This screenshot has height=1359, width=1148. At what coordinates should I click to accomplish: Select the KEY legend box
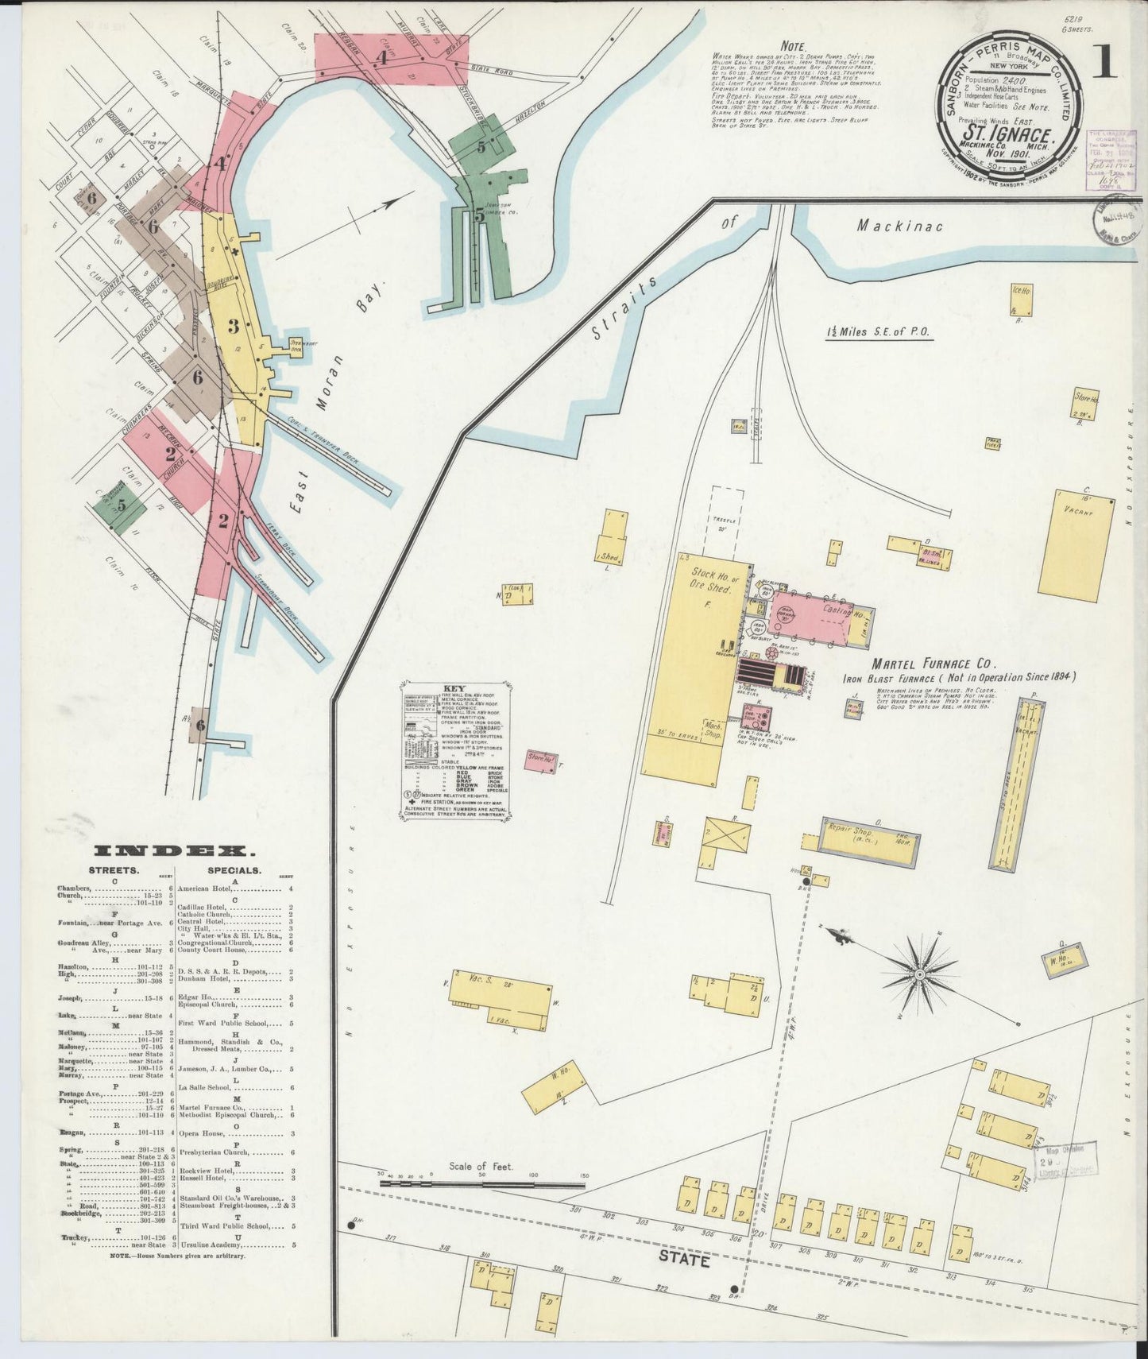(x=457, y=748)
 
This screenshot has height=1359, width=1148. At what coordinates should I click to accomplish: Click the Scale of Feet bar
(x=482, y=1183)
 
